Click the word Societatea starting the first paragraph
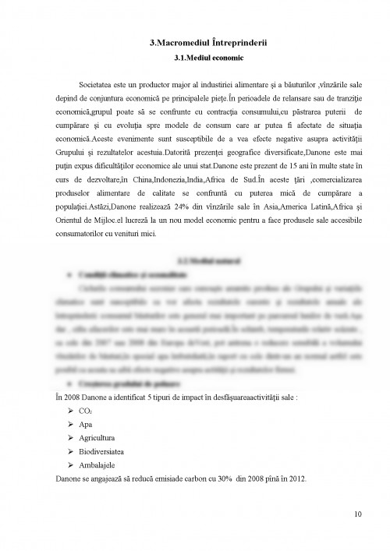click(97, 83)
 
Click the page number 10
click(356, 513)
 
